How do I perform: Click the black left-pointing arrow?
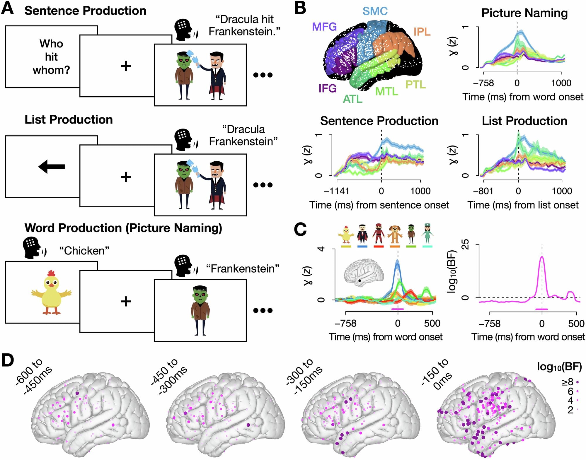pos(52,167)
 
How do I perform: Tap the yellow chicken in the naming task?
pos(52,293)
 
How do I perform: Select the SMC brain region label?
pos(375,11)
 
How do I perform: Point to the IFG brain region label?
pos(327,88)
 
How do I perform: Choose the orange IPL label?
pos(422,32)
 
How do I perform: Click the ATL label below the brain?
pos(352,99)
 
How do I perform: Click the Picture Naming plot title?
pos(524,13)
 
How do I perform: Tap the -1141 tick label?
pos(336,191)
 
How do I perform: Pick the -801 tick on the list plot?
pos(483,191)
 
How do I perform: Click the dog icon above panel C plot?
pos(395,234)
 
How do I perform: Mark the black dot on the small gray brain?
pos(360,281)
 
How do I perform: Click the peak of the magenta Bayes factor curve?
pos(542,257)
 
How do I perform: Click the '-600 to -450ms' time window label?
pos(34,376)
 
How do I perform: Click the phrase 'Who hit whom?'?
pos(51,57)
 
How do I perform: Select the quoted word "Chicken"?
pos(84,251)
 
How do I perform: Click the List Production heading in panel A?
pos(69,119)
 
